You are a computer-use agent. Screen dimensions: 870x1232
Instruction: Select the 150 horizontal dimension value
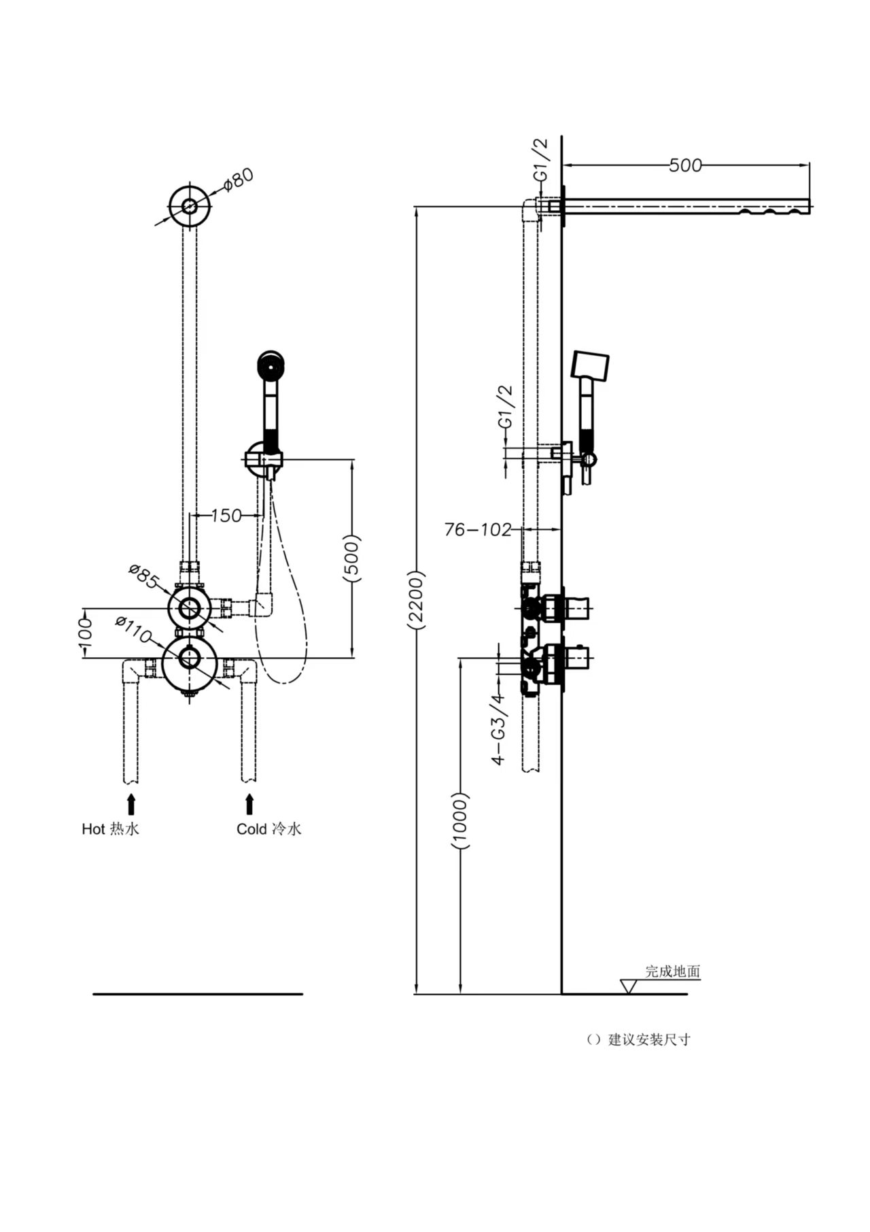[x=226, y=516]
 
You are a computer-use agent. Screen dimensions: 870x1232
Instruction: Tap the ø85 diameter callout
[x=143, y=576]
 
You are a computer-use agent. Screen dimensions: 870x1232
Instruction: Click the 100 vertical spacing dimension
[x=85, y=633]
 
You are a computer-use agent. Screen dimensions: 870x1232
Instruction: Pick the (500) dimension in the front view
[x=352, y=559]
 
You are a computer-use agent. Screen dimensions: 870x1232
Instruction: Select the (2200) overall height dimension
[x=416, y=598]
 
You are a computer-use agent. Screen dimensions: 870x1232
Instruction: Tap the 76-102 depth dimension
[x=477, y=529]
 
